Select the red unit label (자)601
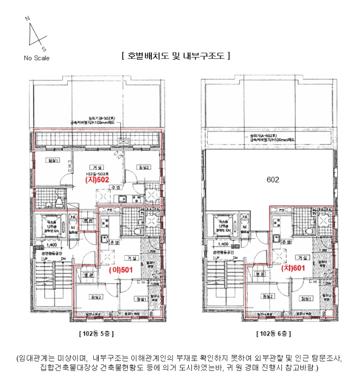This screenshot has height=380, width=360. pyautogui.click(x=291, y=268)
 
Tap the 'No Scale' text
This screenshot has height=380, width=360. pyautogui.click(x=36, y=58)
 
